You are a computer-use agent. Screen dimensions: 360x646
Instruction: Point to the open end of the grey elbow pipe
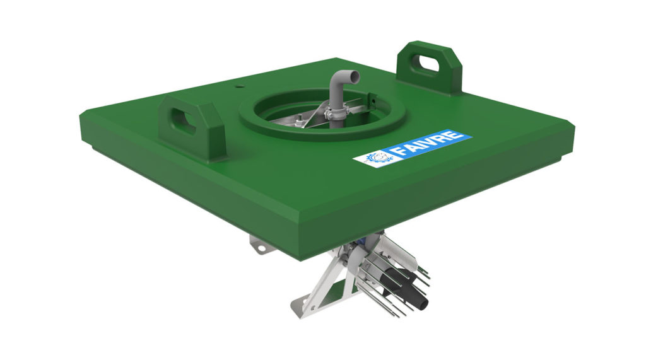point(355,76)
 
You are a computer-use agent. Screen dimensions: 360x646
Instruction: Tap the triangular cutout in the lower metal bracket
point(336,291)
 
